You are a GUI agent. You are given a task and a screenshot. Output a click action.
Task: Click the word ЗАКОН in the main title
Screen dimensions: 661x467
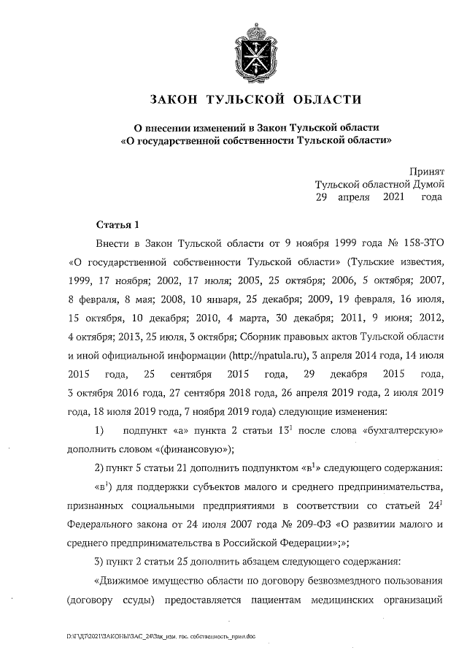point(176,99)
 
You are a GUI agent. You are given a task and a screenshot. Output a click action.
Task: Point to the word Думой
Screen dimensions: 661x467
point(428,185)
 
